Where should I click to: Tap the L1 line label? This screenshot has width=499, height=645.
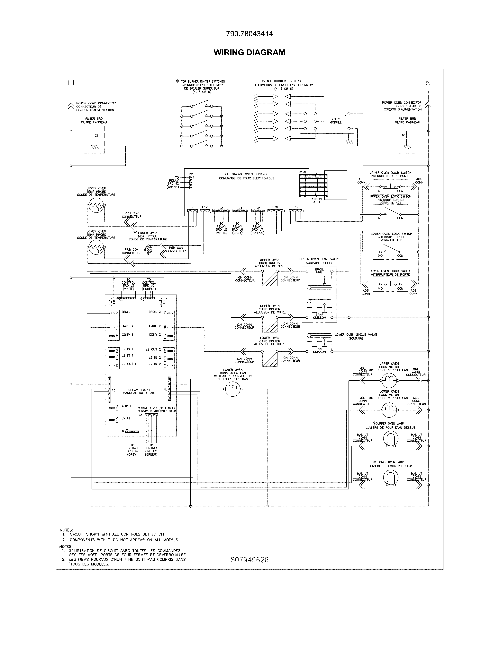coord(71,83)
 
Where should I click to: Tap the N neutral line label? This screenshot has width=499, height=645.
coord(428,83)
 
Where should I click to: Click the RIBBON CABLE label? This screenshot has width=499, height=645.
coord(316,201)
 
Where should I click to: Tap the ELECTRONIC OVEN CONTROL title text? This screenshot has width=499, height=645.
coord(247,176)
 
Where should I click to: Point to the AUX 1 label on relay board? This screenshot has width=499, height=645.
coord(126,406)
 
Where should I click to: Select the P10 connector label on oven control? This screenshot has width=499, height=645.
coord(275,207)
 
